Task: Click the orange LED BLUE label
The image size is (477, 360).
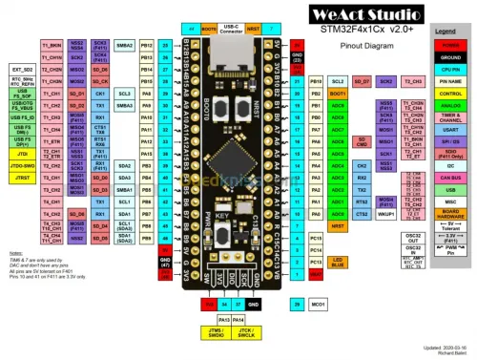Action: point(338,261)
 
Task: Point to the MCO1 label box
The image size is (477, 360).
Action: point(317,304)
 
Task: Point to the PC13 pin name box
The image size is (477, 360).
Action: point(316,236)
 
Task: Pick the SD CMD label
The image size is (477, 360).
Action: point(362,141)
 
